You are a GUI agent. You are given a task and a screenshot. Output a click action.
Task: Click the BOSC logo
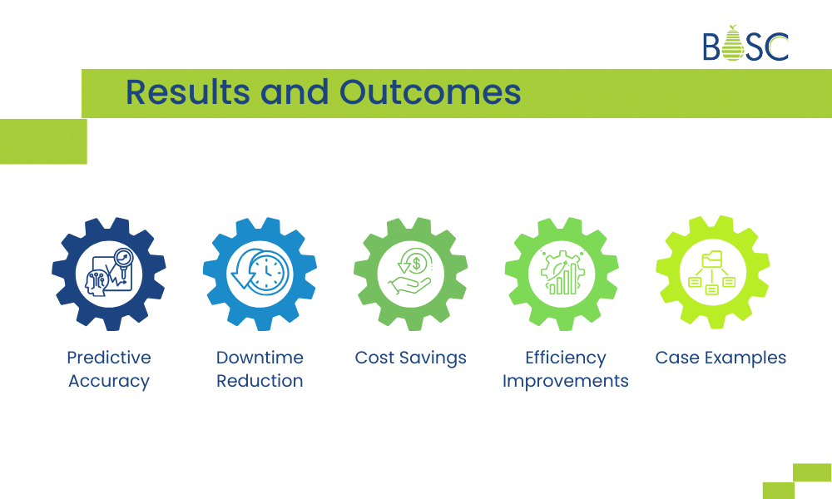(745, 46)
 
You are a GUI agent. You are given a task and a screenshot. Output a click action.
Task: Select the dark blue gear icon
(109, 274)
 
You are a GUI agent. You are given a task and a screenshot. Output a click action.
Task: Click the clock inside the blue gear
(265, 272)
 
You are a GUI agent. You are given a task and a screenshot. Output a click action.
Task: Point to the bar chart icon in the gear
(562, 275)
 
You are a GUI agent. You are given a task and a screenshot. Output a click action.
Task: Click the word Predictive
(109, 358)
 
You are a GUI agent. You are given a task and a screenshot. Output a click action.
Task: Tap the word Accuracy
(109, 381)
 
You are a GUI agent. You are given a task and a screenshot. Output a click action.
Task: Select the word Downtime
(260, 358)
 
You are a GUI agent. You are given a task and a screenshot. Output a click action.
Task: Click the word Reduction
(260, 381)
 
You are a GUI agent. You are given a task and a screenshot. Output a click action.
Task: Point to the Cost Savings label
(411, 358)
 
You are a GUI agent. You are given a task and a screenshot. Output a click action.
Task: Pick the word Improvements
(566, 381)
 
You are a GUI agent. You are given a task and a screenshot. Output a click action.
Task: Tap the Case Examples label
(721, 358)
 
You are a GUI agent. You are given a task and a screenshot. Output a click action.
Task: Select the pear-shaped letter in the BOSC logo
(732, 45)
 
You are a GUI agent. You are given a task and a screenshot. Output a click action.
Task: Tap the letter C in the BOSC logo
(777, 47)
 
